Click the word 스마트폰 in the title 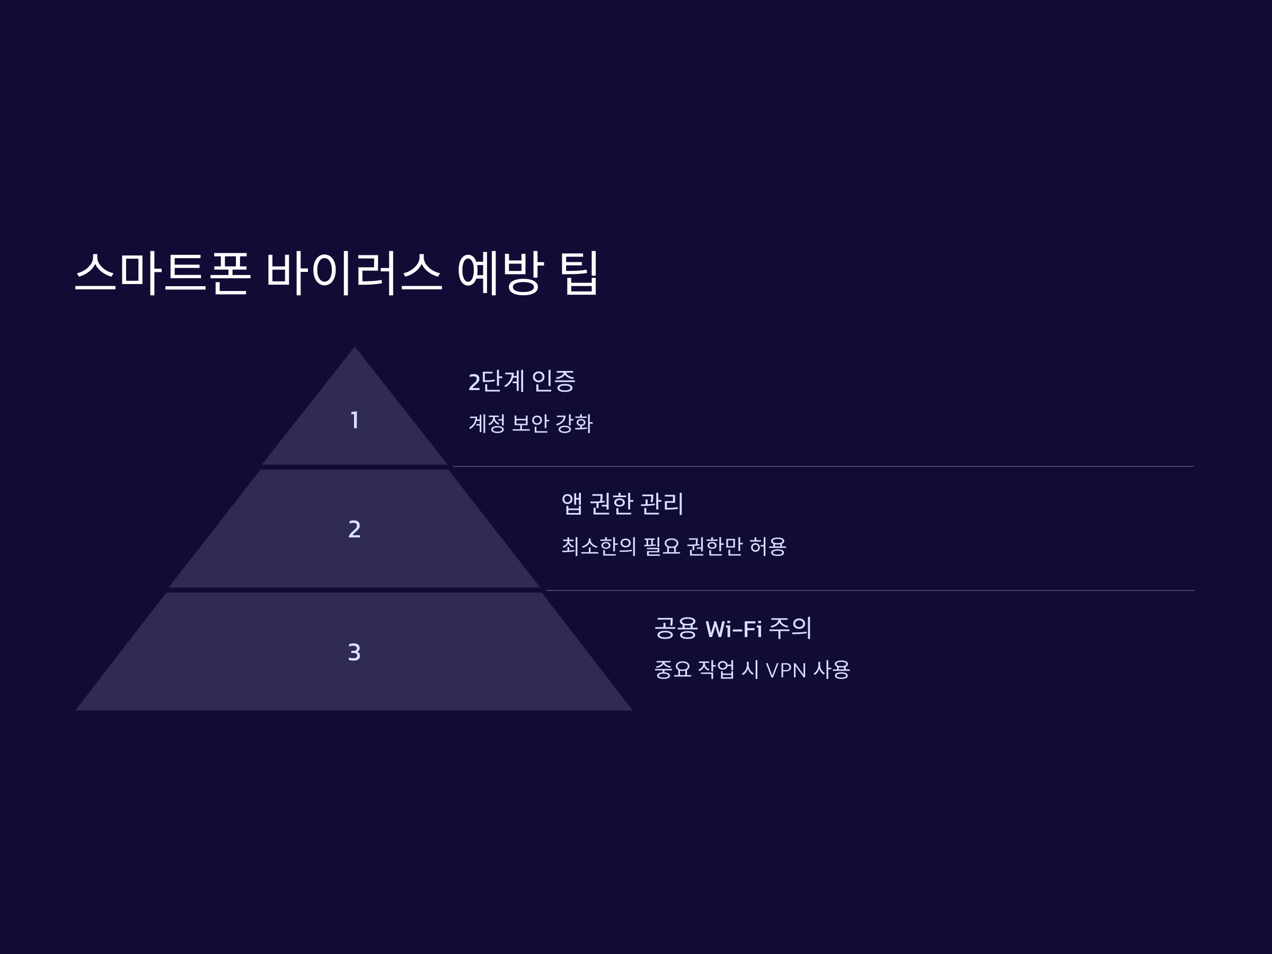click(x=163, y=272)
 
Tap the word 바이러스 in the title click(x=353, y=272)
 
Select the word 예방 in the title click(x=500, y=272)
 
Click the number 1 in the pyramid click(x=355, y=420)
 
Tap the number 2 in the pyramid click(x=354, y=529)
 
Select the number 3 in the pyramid click(x=354, y=652)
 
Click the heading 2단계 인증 click(x=522, y=381)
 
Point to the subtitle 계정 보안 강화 click(x=530, y=423)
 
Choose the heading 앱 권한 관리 click(x=622, y=503)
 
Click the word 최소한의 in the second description click(x=598, y=546)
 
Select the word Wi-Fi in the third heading click(x=733, y=629)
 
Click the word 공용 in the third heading click(x=676, y=628)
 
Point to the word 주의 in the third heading click(x=790, y=628)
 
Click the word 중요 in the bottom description click(x=673, y=669)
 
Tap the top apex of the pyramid click(x=355, y=349)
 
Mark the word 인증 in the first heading click(x=553, y=381)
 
